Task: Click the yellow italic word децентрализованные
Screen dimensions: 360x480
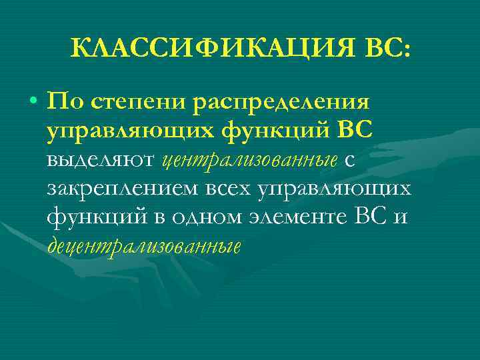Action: pyautogui.click(x=144, y=246)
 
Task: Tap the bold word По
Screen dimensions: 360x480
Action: pyautogui.click(x=65, y=103)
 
